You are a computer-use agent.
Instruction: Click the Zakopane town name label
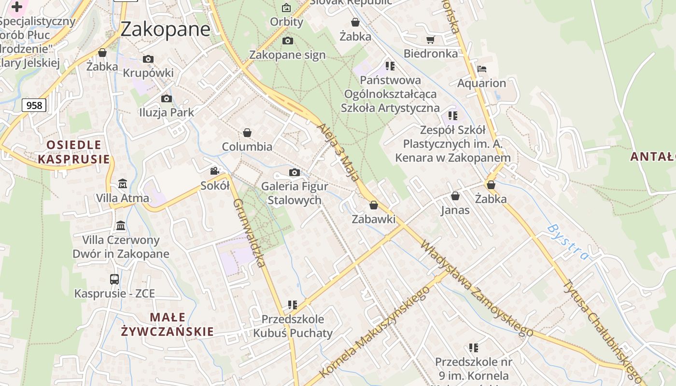point(165,29)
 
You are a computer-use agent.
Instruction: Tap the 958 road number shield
point(34,105)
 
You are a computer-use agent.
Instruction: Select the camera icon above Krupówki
point(148,59)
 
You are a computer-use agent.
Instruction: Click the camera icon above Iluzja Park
point(167,99)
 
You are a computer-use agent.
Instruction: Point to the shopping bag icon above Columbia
point(247,133)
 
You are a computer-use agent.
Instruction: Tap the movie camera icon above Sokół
point(215,171)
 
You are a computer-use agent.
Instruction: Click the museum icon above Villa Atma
point(122,184)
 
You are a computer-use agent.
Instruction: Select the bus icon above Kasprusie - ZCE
point(114,279)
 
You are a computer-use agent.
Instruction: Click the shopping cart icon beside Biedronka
point(430,40)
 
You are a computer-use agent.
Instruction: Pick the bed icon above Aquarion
point(481,69)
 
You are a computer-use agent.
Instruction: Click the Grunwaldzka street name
point(249,233)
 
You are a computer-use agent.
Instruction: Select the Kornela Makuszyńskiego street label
point(374,331)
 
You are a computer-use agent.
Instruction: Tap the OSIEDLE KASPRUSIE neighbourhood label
point(74,152)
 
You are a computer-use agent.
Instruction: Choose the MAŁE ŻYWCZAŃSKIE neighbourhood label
point(167,324)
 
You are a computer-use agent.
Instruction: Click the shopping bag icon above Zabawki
point(373,205)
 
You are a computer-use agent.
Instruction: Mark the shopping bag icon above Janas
point(455,196)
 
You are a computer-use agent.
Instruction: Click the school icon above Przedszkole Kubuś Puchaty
point(293,305)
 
